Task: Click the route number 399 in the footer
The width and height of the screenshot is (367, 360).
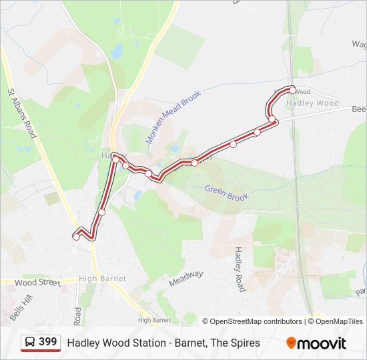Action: click(47, 342)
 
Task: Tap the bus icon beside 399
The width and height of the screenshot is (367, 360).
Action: click(31, 343)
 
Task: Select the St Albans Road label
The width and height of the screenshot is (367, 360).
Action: click(22, 113)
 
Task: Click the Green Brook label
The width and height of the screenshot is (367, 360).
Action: click(227, 193)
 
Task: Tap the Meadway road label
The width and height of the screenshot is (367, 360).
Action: click(186, 278)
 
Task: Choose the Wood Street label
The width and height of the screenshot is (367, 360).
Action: click(37, 283)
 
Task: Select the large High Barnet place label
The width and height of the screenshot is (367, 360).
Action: click(102, 279)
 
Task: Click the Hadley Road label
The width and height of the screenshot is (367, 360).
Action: click(240, 269)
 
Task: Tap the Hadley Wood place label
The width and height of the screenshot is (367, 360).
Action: click(312, 103)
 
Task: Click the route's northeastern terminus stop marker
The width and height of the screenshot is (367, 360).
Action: click(292, 90)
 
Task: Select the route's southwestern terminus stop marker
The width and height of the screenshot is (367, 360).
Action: click(76, 236)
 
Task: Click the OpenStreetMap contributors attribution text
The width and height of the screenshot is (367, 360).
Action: click(256, 321)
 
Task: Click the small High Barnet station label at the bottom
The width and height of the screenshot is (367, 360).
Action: click(153, 321)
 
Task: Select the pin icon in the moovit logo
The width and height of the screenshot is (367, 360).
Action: click(291, 343)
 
